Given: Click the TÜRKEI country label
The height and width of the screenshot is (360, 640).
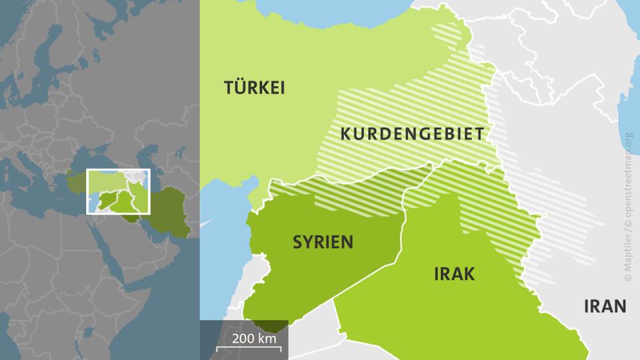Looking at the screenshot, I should [255, 87].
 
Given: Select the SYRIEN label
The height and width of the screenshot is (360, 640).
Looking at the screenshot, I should [323, 242].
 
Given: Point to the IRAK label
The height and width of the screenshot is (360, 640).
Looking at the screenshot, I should [454, 273].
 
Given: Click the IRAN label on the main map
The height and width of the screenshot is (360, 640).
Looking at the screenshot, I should [604, 306].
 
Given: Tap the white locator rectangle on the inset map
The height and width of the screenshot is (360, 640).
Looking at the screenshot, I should [119, 191].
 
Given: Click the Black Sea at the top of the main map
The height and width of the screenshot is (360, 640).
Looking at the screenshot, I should [320, 8].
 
